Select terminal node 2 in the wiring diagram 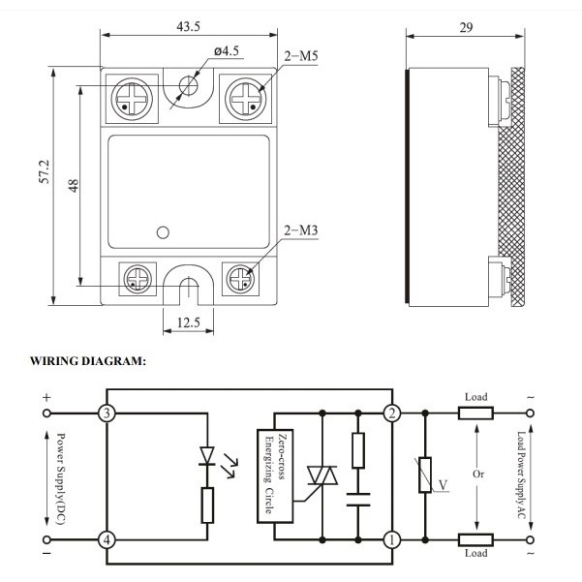392,414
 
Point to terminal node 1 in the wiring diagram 392,539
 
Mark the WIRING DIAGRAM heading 88,361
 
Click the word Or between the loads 475,475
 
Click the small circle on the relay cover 163,231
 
